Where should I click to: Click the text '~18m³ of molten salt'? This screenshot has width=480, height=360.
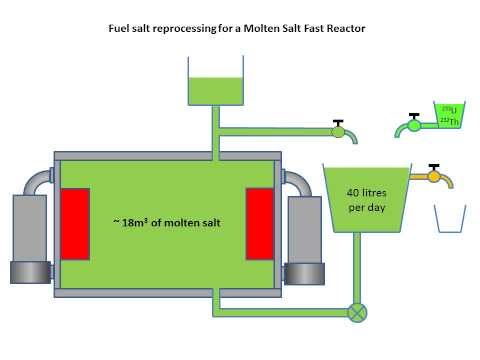click(x=167, y=221)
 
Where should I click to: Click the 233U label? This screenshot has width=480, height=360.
click(x=449, y=109)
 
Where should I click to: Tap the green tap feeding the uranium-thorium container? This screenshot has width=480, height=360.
click(x=411, y=126)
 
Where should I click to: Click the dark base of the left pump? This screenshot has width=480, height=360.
click(x=31, y=273)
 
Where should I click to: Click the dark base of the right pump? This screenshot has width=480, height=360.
click(x=304, y=273)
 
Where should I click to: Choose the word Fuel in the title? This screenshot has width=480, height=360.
click(x=119, y=28)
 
